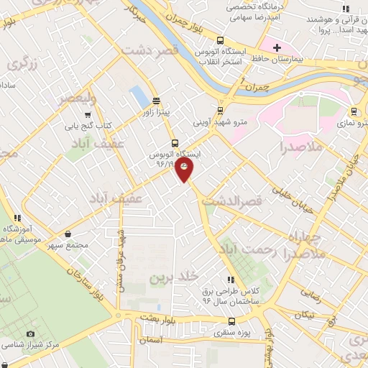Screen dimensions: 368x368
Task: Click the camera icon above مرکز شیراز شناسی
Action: point(30,333)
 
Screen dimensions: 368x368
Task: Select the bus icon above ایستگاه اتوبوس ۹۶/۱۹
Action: point(175,142)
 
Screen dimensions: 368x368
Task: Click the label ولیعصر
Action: point(78,98)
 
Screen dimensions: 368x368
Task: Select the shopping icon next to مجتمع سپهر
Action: point(68,234)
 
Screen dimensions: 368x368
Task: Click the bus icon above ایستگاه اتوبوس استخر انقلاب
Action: point(220,40)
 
